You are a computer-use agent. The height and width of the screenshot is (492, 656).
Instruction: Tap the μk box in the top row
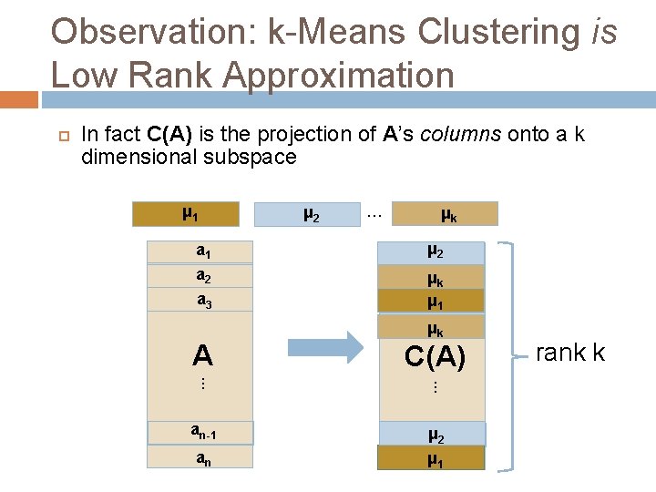[446, 214]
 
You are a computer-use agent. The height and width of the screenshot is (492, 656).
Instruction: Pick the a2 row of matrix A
[201, 276]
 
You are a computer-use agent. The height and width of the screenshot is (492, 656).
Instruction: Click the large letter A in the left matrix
[202, 354]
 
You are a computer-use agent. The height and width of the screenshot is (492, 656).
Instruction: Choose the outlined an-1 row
[201, 432]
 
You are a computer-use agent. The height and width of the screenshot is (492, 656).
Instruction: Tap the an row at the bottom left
[201, 456]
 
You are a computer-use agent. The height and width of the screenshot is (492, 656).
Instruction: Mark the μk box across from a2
[431, 277]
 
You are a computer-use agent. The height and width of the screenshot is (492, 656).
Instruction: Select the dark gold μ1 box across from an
[431, 457]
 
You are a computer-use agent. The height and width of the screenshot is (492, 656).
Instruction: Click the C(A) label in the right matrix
[435, 358]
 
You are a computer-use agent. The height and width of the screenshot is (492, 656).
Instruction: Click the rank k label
[570, 353]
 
